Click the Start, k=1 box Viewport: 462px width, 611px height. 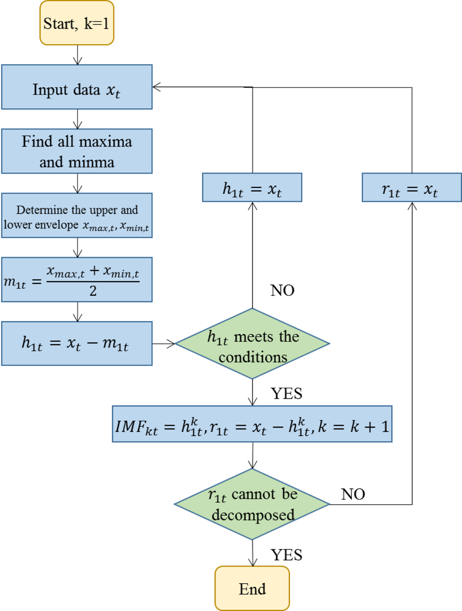pos(77,23)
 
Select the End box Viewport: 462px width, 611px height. pos(252,589)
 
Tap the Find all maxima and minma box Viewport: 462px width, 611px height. pos(77,151)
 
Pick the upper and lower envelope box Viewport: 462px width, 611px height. pos(77,216)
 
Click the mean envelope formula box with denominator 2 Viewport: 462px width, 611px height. pos(77,280)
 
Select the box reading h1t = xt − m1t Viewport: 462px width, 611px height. pos(77,343)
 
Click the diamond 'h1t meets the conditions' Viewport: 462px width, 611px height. pos(252,344)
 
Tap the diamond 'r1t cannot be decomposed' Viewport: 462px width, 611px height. pos(252,504)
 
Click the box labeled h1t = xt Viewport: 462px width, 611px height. pos(252,187)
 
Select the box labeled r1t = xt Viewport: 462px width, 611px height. pos(412,187)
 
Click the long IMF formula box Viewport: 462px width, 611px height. pos(252,424)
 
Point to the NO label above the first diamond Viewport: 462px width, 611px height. pos(282,290)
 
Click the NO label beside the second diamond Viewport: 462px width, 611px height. pos(353,494)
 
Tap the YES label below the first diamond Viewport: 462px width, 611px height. pos(286,393)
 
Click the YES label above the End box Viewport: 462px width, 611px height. pos(286,555)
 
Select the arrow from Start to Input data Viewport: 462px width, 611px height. pos(77,55)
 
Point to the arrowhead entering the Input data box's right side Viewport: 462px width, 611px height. pos(156,87)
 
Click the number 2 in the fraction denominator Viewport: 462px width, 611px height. pos(93,291)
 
